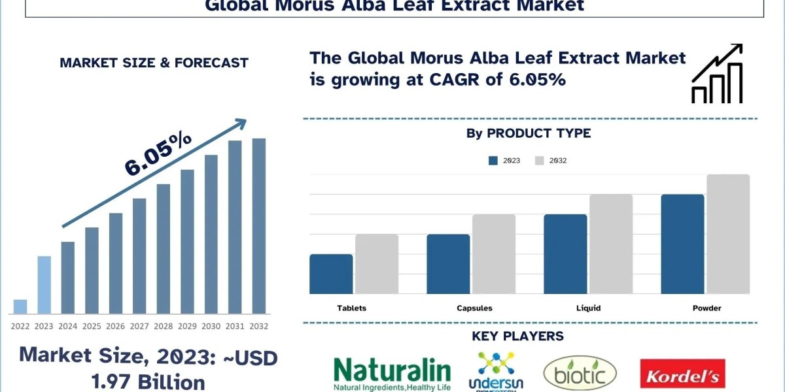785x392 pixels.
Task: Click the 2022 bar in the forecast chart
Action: pyautogui.click(x=20, y=306)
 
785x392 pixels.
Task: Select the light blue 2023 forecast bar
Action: pyautogui.click(x=44, y=284)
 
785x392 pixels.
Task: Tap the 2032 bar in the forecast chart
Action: pyautogui.click(x=259, y=225)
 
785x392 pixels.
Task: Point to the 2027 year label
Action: pyautogui.click(x=139, y=325)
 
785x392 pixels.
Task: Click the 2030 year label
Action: pyautogui.click(x=211, y=325)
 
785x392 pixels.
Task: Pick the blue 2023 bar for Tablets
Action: pyautogui.click(x=331, y=274)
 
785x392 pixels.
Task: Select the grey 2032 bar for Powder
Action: pyautogui.click(x=728, y=234)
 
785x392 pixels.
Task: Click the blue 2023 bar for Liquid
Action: pyautogui.click(x=565, y=253)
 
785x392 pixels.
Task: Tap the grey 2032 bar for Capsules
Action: pyautogui.click(x=494, y=253)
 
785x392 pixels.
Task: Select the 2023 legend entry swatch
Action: pyautogui.click(x=493, y=161)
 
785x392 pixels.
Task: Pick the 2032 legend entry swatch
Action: pyautogui.click(x=540, y=161)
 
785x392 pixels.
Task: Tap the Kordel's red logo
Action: pyautogui.click(x=682, y=374)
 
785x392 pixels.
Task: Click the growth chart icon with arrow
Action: pyautogui.click(x=717, y=73)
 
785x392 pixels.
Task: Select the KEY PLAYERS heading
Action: pyautogui.click(x=517, y=336)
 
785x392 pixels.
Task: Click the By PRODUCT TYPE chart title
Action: pyautogui.click(x=529, y=133)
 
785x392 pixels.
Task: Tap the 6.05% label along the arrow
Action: pyautogui.click(x=158, y=154)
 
